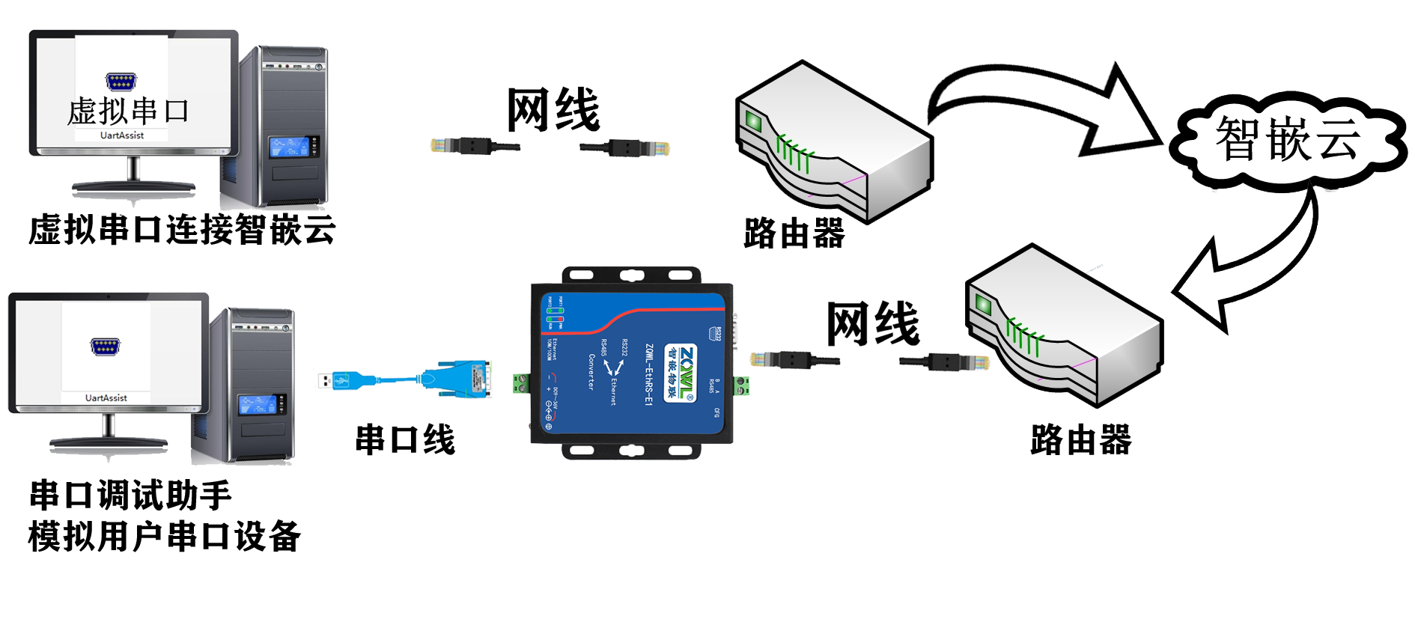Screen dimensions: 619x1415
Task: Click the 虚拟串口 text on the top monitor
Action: [x=128, y=111]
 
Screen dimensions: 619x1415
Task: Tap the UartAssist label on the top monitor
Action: [x=122, y=135]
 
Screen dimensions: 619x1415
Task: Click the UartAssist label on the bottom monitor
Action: [x=106, y=398]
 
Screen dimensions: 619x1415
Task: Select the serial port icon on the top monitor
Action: [x=121, y=81]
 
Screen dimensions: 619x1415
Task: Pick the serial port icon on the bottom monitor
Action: [x=106, y=347]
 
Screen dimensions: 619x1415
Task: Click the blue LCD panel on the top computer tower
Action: [x=289, y=147]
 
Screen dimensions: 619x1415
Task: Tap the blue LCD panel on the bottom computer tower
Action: [x=257, y=405]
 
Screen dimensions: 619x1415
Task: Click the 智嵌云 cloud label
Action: [x=1286, y=139]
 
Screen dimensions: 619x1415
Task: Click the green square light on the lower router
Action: [x=982, y=305]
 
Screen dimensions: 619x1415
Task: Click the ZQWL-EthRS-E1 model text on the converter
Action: [x=648, y=374]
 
